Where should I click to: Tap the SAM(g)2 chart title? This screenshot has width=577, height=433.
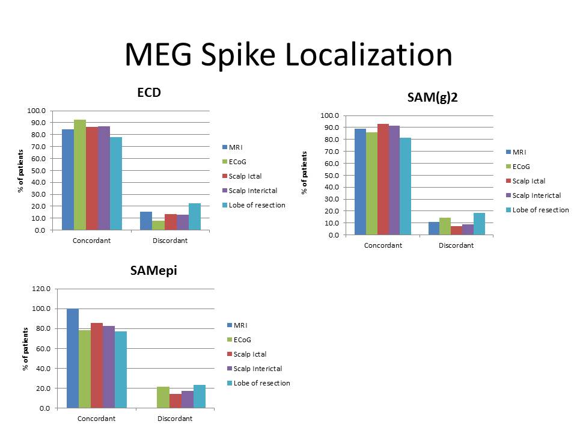(x=433, y=97)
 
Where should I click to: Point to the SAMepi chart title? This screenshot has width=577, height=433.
(x=154, y=271)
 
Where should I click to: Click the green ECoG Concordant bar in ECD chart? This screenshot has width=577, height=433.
(x=80, y=174)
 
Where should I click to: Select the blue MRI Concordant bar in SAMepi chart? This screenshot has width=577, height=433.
(x=73, y=358)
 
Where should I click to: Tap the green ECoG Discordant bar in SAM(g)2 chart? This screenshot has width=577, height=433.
(x=445, y=226)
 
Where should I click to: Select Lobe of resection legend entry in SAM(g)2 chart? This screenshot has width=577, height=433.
(x=536, y=210)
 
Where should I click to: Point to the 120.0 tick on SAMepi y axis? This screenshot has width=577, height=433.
(x=41, y=289)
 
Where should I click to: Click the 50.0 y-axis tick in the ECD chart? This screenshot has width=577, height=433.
(x=37, y=170)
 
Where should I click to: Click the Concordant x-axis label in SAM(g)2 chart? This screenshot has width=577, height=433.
(x=383, y=245)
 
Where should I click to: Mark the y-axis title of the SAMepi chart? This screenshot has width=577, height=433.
(x=26, y=349)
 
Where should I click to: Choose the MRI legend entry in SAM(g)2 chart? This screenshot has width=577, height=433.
(x=519, y=152)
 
